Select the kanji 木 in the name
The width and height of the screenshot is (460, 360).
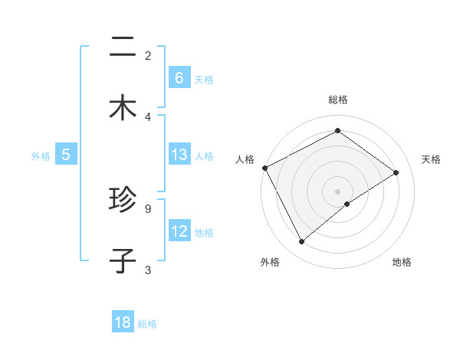[122, 108]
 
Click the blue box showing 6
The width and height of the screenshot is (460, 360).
[179, 77]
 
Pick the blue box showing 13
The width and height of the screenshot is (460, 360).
[179, 155]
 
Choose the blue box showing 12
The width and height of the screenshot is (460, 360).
[179, 231]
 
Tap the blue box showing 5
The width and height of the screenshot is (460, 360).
[66, 155]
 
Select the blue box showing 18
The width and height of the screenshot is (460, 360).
[123, 322]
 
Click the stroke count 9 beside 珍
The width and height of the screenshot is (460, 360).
[147, 208]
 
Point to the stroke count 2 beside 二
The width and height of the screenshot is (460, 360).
[147, 55]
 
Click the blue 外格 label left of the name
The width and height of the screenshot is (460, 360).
[41, 155]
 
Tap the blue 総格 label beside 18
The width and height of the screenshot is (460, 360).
[147, 323]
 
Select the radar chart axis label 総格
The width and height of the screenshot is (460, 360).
[338, 100]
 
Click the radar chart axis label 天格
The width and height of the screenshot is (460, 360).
[431, 159]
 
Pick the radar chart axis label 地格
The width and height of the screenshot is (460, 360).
[402, 262]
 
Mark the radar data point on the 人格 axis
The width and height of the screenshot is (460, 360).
[264, 168]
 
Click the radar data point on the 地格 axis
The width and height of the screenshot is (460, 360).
[347, 204]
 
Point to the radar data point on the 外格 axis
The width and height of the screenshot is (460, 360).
[301, 242]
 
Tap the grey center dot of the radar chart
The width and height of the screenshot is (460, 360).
[338, 191]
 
